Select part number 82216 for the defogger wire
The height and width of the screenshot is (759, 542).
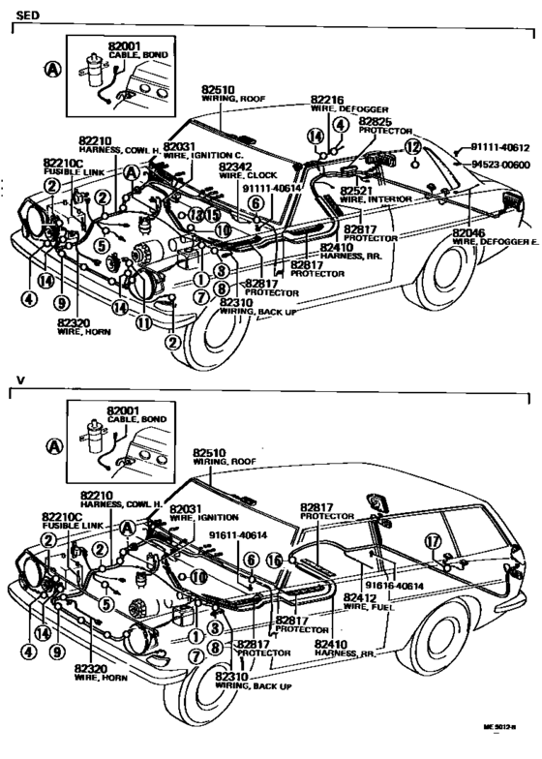coord(328,100)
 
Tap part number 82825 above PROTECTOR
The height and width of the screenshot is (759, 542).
coord(377,122)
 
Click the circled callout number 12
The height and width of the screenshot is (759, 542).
coord(413,147)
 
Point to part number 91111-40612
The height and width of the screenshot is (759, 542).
coord(501,147)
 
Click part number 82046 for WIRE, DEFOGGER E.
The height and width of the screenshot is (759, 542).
coord(470,233)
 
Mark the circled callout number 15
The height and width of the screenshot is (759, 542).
coord(211,214)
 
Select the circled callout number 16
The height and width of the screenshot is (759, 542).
coord(274,561)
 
